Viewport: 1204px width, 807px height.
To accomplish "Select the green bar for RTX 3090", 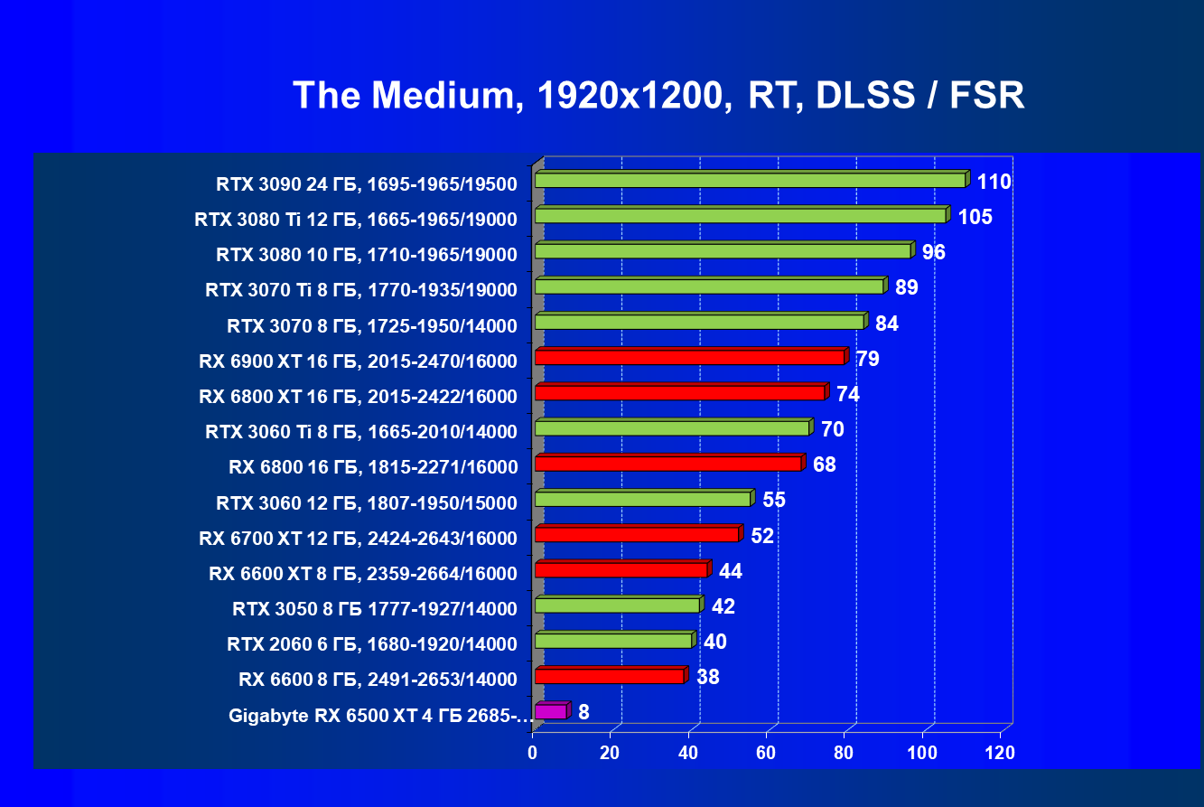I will (750, 181).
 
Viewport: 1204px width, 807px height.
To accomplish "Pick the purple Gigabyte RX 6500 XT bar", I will (551, 712).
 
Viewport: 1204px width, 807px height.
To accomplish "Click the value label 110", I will (994, 182).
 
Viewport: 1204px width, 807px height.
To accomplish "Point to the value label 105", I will (975, 217).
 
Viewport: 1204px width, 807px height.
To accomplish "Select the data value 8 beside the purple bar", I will (583, 712).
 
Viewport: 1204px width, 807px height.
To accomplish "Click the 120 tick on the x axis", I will (1000, 753).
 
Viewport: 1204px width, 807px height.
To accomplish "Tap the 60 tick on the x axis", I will (766, 753).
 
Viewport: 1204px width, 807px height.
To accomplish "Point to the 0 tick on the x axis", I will (533, 753).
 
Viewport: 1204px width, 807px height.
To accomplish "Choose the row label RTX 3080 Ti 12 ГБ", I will (356, 220).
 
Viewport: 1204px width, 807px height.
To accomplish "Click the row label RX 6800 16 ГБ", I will (373, 467).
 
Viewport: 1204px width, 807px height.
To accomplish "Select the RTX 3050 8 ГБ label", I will (375, 609).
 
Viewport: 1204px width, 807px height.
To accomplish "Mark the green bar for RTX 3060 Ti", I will (672, 428).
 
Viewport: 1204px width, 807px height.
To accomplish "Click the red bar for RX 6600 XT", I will (621, 569).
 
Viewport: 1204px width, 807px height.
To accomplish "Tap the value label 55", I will (774, 500).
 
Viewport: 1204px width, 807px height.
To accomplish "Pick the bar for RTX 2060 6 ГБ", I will (613, 641).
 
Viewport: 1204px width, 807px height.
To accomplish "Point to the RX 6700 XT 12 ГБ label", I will (358, 539).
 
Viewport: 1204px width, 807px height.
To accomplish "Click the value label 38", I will (708, 677).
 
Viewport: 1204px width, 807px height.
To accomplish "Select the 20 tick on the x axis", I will (611, 753).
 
